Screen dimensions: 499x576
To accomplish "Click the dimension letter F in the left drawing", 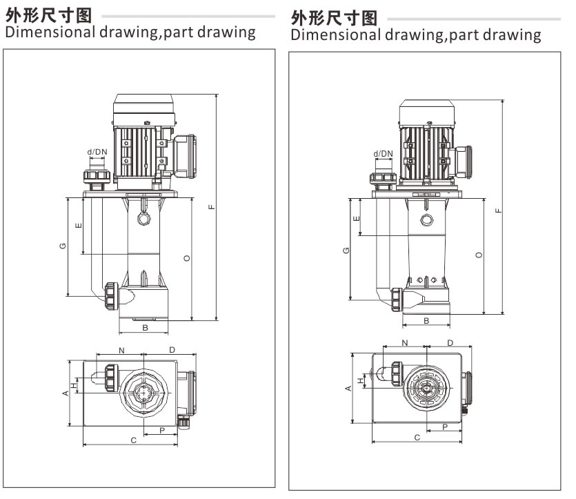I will click(x=212, y=206).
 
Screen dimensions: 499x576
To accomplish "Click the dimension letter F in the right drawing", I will click(x=498, y=209).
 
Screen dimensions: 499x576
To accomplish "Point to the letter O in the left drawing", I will click(x=186, y=258).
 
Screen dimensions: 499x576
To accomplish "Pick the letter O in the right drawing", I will click(x=479, y=255).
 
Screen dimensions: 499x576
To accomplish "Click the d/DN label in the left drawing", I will click(x=97, y=152).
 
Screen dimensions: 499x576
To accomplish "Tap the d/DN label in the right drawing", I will click(x=383, y=154).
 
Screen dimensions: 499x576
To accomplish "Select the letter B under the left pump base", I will click(x=145, y=327).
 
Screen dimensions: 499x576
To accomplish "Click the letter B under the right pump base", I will click(x=427, y=321).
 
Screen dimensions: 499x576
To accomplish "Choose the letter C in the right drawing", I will click(x=417, y=437).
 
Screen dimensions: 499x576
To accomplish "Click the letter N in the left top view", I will click(x=121, y=351).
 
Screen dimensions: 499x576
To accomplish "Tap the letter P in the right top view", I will click(x=445, y=427).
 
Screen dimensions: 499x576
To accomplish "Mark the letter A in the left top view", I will click(x=66, y=393).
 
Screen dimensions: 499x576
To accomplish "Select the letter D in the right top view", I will click(x=450, y=343).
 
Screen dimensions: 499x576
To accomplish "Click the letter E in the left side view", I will click(x=79, y=225).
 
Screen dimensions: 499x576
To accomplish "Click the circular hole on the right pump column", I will click(x=427, y=220).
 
